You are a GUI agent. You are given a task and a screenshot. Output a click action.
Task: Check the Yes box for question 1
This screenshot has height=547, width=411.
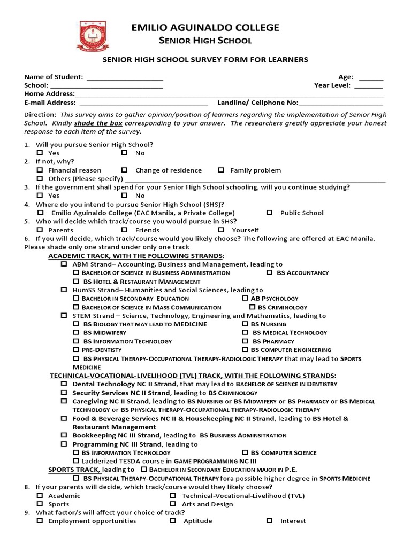(x=40, y=153)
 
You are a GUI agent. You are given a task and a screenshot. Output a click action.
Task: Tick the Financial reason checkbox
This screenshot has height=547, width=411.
(x=40, y=170)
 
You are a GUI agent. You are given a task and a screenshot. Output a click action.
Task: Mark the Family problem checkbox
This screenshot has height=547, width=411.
(x=221, y=170)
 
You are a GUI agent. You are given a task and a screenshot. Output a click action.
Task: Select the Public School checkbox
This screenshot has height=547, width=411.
(x=269, y=213)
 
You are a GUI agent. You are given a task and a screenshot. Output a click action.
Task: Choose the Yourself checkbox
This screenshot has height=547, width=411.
(x=221, y=230)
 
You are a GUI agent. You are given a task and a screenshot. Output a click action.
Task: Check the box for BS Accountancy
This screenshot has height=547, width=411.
(x=269, y=272)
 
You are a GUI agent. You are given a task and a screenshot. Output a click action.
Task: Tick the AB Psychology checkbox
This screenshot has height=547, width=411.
(x=245, y=298)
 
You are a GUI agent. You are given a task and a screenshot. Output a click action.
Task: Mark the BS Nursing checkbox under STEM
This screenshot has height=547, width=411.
(x=245, y=324)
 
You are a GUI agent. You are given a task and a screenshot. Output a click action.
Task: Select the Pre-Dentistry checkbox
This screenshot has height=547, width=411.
(x=75, y=349)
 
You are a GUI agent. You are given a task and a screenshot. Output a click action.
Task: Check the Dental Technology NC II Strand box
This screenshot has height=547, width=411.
(x=64, y=384)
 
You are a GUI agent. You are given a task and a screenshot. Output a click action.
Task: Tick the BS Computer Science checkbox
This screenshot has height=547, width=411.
(x=245, y=452)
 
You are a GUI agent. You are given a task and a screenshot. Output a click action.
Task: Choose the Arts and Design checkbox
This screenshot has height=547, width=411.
(x=173, y=504)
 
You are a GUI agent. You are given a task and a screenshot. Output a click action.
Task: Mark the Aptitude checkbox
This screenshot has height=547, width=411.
(x=173, y=521)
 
